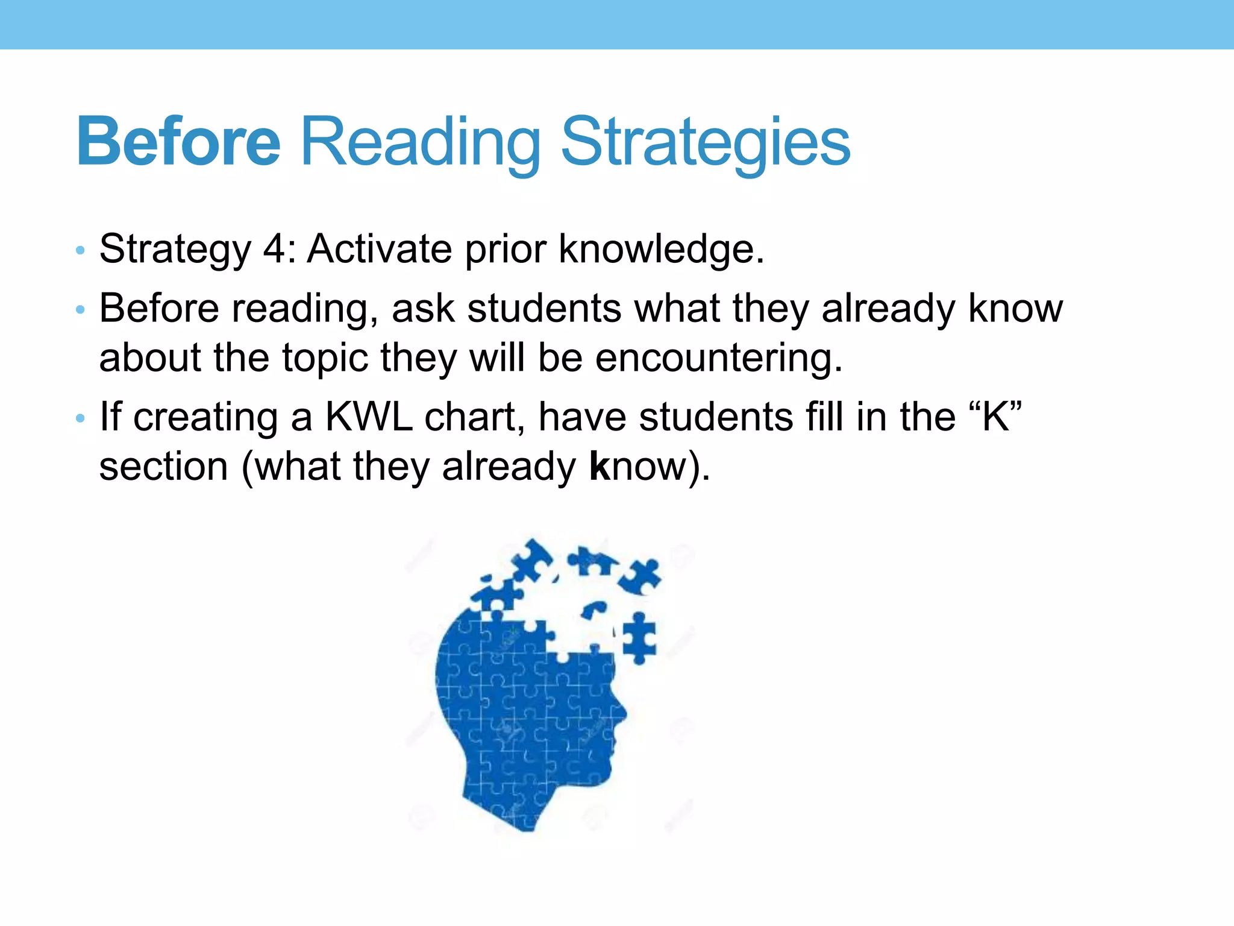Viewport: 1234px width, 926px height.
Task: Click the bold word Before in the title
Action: coord(179,142)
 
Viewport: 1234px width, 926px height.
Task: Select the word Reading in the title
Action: coord(420,143)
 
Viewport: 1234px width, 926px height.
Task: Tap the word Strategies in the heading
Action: coord(705,143)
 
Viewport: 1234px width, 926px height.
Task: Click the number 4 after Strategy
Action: coord(276,248)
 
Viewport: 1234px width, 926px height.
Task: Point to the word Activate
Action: coord(380,248)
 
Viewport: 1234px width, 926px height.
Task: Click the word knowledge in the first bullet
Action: coord(661,248)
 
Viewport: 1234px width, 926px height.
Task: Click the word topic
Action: coord(325,359)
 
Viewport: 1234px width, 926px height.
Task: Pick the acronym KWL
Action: coord(369,417)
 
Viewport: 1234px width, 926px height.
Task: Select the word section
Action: coord(163,467)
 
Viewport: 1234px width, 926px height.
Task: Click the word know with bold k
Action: coord(639,467)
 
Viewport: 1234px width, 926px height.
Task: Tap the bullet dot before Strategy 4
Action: coord(80,250)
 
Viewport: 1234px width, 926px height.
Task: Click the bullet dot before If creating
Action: coord(80,418)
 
